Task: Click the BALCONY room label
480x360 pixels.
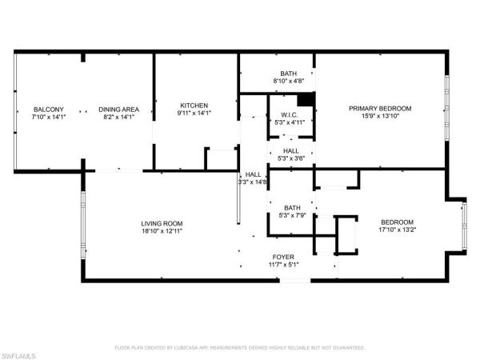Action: point(43,110)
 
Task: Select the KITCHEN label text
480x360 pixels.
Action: point(194,106)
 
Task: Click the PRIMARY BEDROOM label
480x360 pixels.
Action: point(380,109)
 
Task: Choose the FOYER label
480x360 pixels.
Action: point(283,257)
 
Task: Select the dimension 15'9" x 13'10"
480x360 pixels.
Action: point(380,117)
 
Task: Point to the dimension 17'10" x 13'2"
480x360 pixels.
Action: point(397,230)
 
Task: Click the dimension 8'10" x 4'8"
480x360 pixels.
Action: point(289,81)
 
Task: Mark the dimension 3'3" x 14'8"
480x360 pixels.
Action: point(253,182)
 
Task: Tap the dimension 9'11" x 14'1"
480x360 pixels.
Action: point(194,114)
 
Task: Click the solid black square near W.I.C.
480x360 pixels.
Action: point(304,100)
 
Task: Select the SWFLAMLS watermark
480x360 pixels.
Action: point(20,353)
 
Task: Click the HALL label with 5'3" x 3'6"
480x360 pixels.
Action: point(291,150)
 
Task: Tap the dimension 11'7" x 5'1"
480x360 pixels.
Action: point(283,265)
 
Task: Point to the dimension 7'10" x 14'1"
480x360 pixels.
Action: point(43,118)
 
